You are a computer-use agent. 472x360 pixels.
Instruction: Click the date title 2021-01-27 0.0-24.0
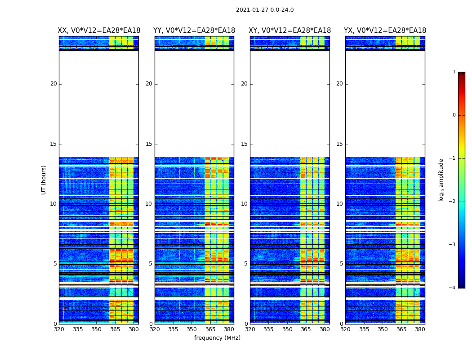pos(265,10)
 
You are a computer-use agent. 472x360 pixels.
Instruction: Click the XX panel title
pos(99,31)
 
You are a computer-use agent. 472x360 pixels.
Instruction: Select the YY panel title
pos(194,31)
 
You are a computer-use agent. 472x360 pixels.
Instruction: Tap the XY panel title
pos(290,31)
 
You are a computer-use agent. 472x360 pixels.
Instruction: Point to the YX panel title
pos(385,31)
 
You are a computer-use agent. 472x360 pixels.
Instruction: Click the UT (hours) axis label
pos(44,180)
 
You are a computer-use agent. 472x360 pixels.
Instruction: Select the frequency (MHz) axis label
pos(217,338)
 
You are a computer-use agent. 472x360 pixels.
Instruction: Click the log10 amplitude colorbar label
pos(441,180)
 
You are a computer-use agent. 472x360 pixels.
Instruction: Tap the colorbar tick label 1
pos(454,72)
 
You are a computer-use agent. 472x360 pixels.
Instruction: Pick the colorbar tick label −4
pos(453,288)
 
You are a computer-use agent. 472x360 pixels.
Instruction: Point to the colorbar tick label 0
pos(454,115)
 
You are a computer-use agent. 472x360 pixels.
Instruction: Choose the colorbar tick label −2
pos(453,202)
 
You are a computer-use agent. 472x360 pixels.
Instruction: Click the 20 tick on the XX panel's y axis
pos(53,84)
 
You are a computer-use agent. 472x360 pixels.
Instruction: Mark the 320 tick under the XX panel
pos(59,329)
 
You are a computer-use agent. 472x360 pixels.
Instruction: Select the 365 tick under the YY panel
pos(210,329)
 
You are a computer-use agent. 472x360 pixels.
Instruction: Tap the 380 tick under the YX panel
pos(420,329)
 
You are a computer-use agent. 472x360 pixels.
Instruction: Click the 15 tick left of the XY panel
pos(244,144)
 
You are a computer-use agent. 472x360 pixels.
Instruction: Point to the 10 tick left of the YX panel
pos(339,204)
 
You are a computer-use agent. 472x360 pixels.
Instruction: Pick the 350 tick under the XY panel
pos(287,329)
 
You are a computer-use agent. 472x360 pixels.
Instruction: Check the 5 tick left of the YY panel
pos(150,264)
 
